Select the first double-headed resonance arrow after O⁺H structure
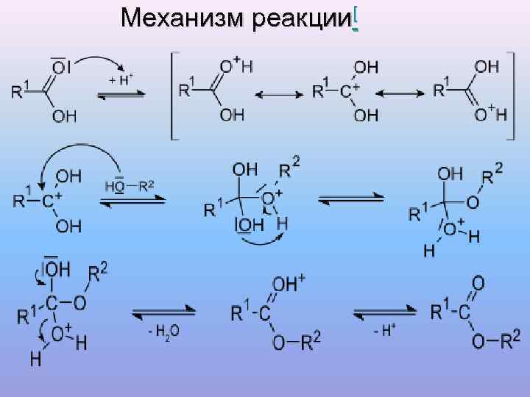point(275,94)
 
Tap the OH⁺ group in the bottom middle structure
point(290,284)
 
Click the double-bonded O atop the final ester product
point(478,282)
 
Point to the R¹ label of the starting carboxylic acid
point(19,90)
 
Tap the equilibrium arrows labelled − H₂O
point(163,313)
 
